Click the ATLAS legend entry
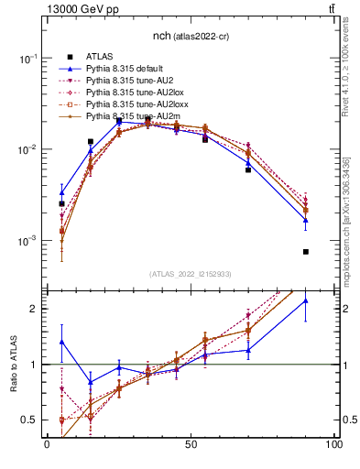tap(99, 57)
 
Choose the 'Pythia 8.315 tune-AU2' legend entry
tap(130, 81)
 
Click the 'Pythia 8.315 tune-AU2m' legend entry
tap(132, 116)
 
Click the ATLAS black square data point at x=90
tap(305, 252)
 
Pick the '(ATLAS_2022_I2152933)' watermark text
tap(191, 275)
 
